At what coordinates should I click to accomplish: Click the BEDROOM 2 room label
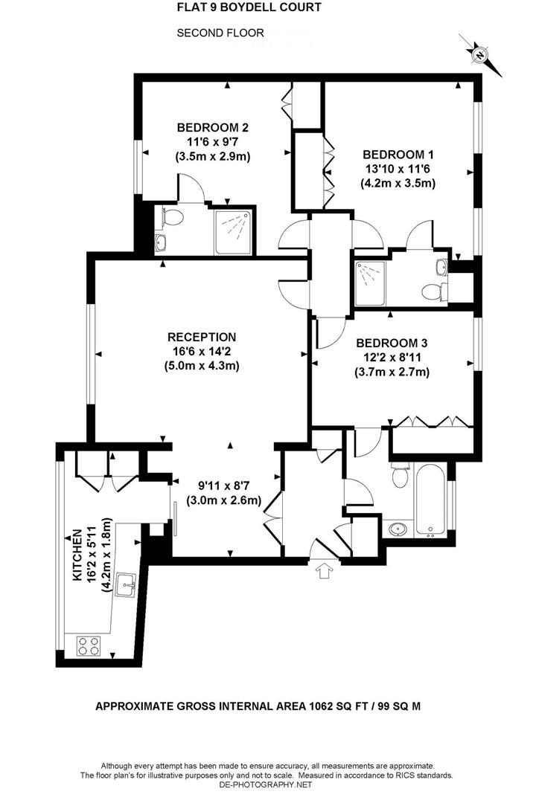(212, 127)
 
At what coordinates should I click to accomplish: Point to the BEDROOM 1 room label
(398, 154)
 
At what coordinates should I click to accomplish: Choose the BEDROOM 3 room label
(392, 344)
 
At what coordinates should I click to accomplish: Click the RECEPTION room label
(201, 337)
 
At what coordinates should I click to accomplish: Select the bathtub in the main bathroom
(431, 500)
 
